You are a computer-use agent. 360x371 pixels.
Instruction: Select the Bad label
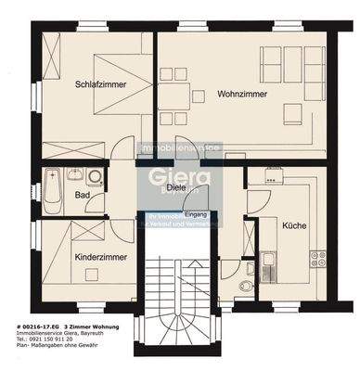click(x=83, y=195)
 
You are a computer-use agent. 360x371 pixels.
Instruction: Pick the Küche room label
click(x=295, y=225)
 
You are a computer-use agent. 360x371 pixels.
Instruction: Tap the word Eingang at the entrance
click(x=197, y=215)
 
